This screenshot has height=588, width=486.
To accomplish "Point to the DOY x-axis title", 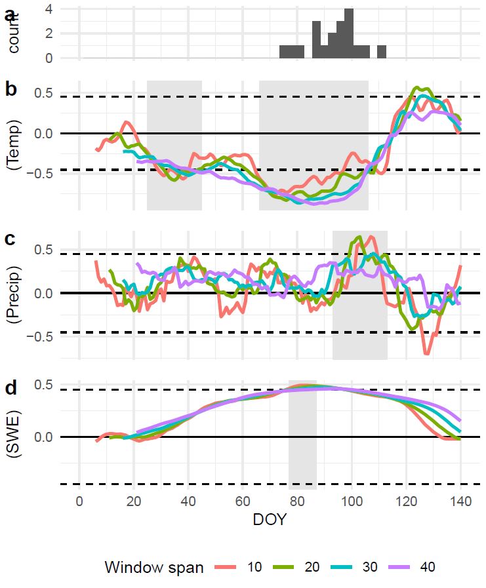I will (x=269, y=520).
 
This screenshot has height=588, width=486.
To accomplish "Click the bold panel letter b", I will (x=10, y=89).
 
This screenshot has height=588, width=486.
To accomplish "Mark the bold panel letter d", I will (x=10, y=388).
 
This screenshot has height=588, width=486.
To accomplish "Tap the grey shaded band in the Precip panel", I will (x=359, y=295).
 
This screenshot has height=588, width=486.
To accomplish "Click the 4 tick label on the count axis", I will (x=49, y=9).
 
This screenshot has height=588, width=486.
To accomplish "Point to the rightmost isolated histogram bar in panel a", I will (x=382, y=52).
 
